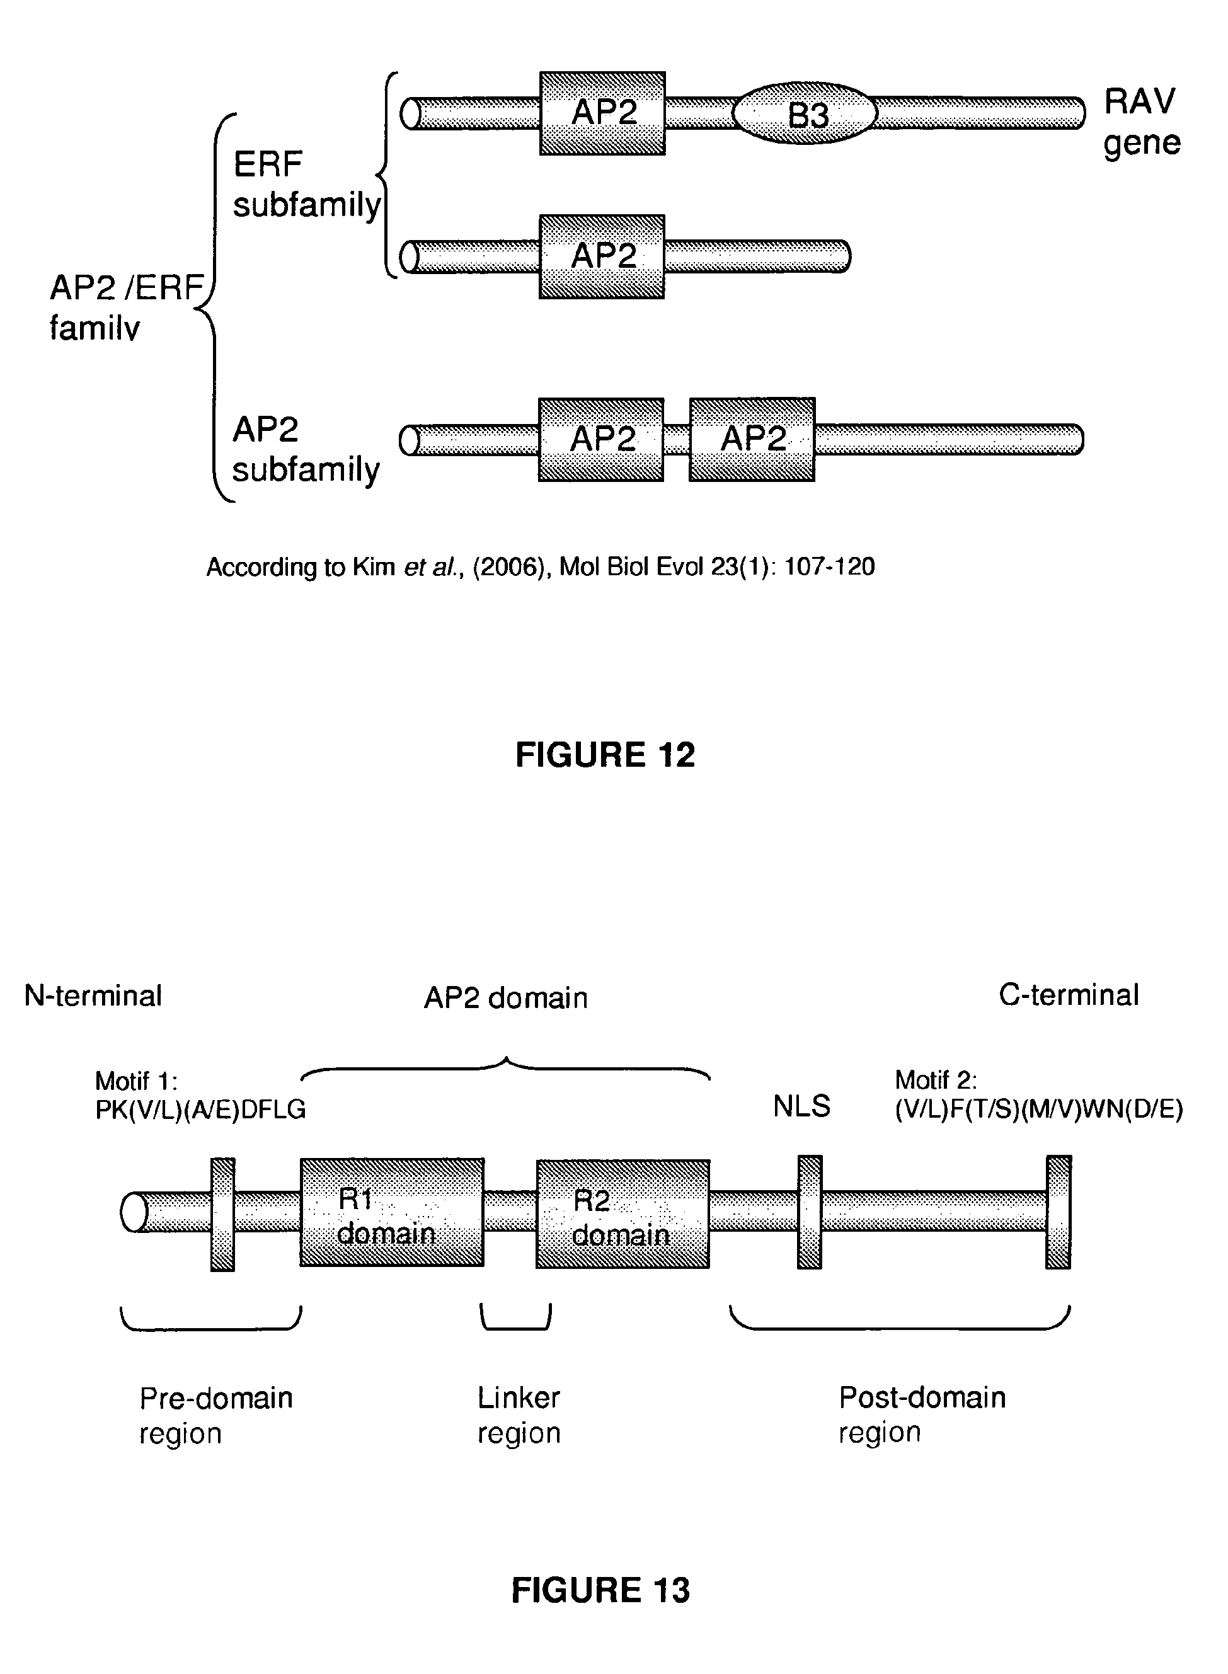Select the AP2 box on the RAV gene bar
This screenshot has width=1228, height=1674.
pyautogui.click(x=602, y=113)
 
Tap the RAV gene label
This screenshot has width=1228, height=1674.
pyautogui.click(x=1141, y=122)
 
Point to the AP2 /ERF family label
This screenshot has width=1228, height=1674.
pyautogui.click(x=127, y=307)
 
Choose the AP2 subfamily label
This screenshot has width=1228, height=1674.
pyautogui.click(x=305, y=450)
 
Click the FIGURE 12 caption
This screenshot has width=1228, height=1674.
pyautogui.click(x=605, y=755)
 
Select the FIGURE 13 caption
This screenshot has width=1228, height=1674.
pyautogui.click(x=600, y=1591)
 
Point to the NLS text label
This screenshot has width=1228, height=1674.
pyautogui.click(x=801, y=1107)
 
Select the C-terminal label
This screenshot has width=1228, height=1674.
pyautogui.click(x=1068, y=995)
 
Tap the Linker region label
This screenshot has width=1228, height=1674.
pyautogui.click(x=519, y=1415)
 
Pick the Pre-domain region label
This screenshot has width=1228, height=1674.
pyautogui.click(x=215, y=1415)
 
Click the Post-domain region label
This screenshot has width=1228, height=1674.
pyautogui.click(x=922, y=1414)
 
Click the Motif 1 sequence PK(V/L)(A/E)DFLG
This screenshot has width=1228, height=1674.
pyautogui.click(x=201, y=1110)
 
